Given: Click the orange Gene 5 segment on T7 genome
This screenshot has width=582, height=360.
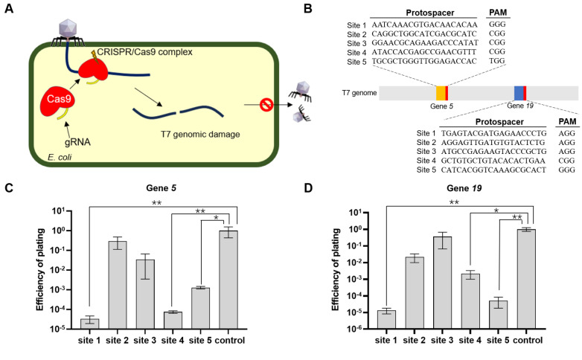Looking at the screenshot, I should click(441, 93).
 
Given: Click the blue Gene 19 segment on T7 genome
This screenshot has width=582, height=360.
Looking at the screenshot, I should click(519, 93).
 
